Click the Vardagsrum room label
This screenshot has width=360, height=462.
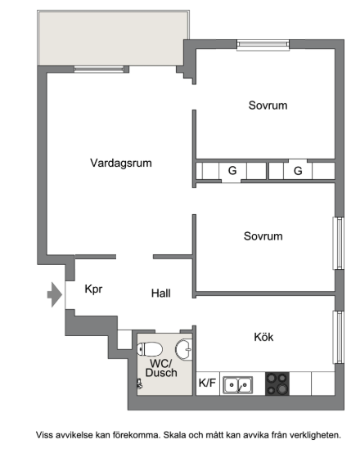click(121, 163)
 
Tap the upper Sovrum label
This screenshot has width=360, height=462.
click(268, 105)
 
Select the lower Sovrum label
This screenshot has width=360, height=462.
click(263, 236)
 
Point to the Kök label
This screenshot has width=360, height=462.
click(263, 337)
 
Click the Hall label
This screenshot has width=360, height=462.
click(160, 294)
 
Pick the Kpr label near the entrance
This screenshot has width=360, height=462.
click(93, 289)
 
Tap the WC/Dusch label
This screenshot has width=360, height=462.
click(161, 368)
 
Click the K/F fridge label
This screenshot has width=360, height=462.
click(207, 383)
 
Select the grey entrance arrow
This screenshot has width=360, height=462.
click(55, 294)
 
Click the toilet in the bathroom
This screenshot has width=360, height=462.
click(150, 349)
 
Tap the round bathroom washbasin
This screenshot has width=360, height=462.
click(184, 349)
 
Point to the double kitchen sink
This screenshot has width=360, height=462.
click(237, 385)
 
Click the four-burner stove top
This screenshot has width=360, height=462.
click(277, 384)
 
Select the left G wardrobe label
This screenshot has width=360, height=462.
click(232, 170)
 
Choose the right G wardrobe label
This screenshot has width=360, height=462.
click(298, 171)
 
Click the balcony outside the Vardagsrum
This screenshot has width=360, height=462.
click(113, 38)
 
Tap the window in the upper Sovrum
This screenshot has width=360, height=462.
click(263, 44)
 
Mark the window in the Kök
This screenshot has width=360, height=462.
click(339, 337)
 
